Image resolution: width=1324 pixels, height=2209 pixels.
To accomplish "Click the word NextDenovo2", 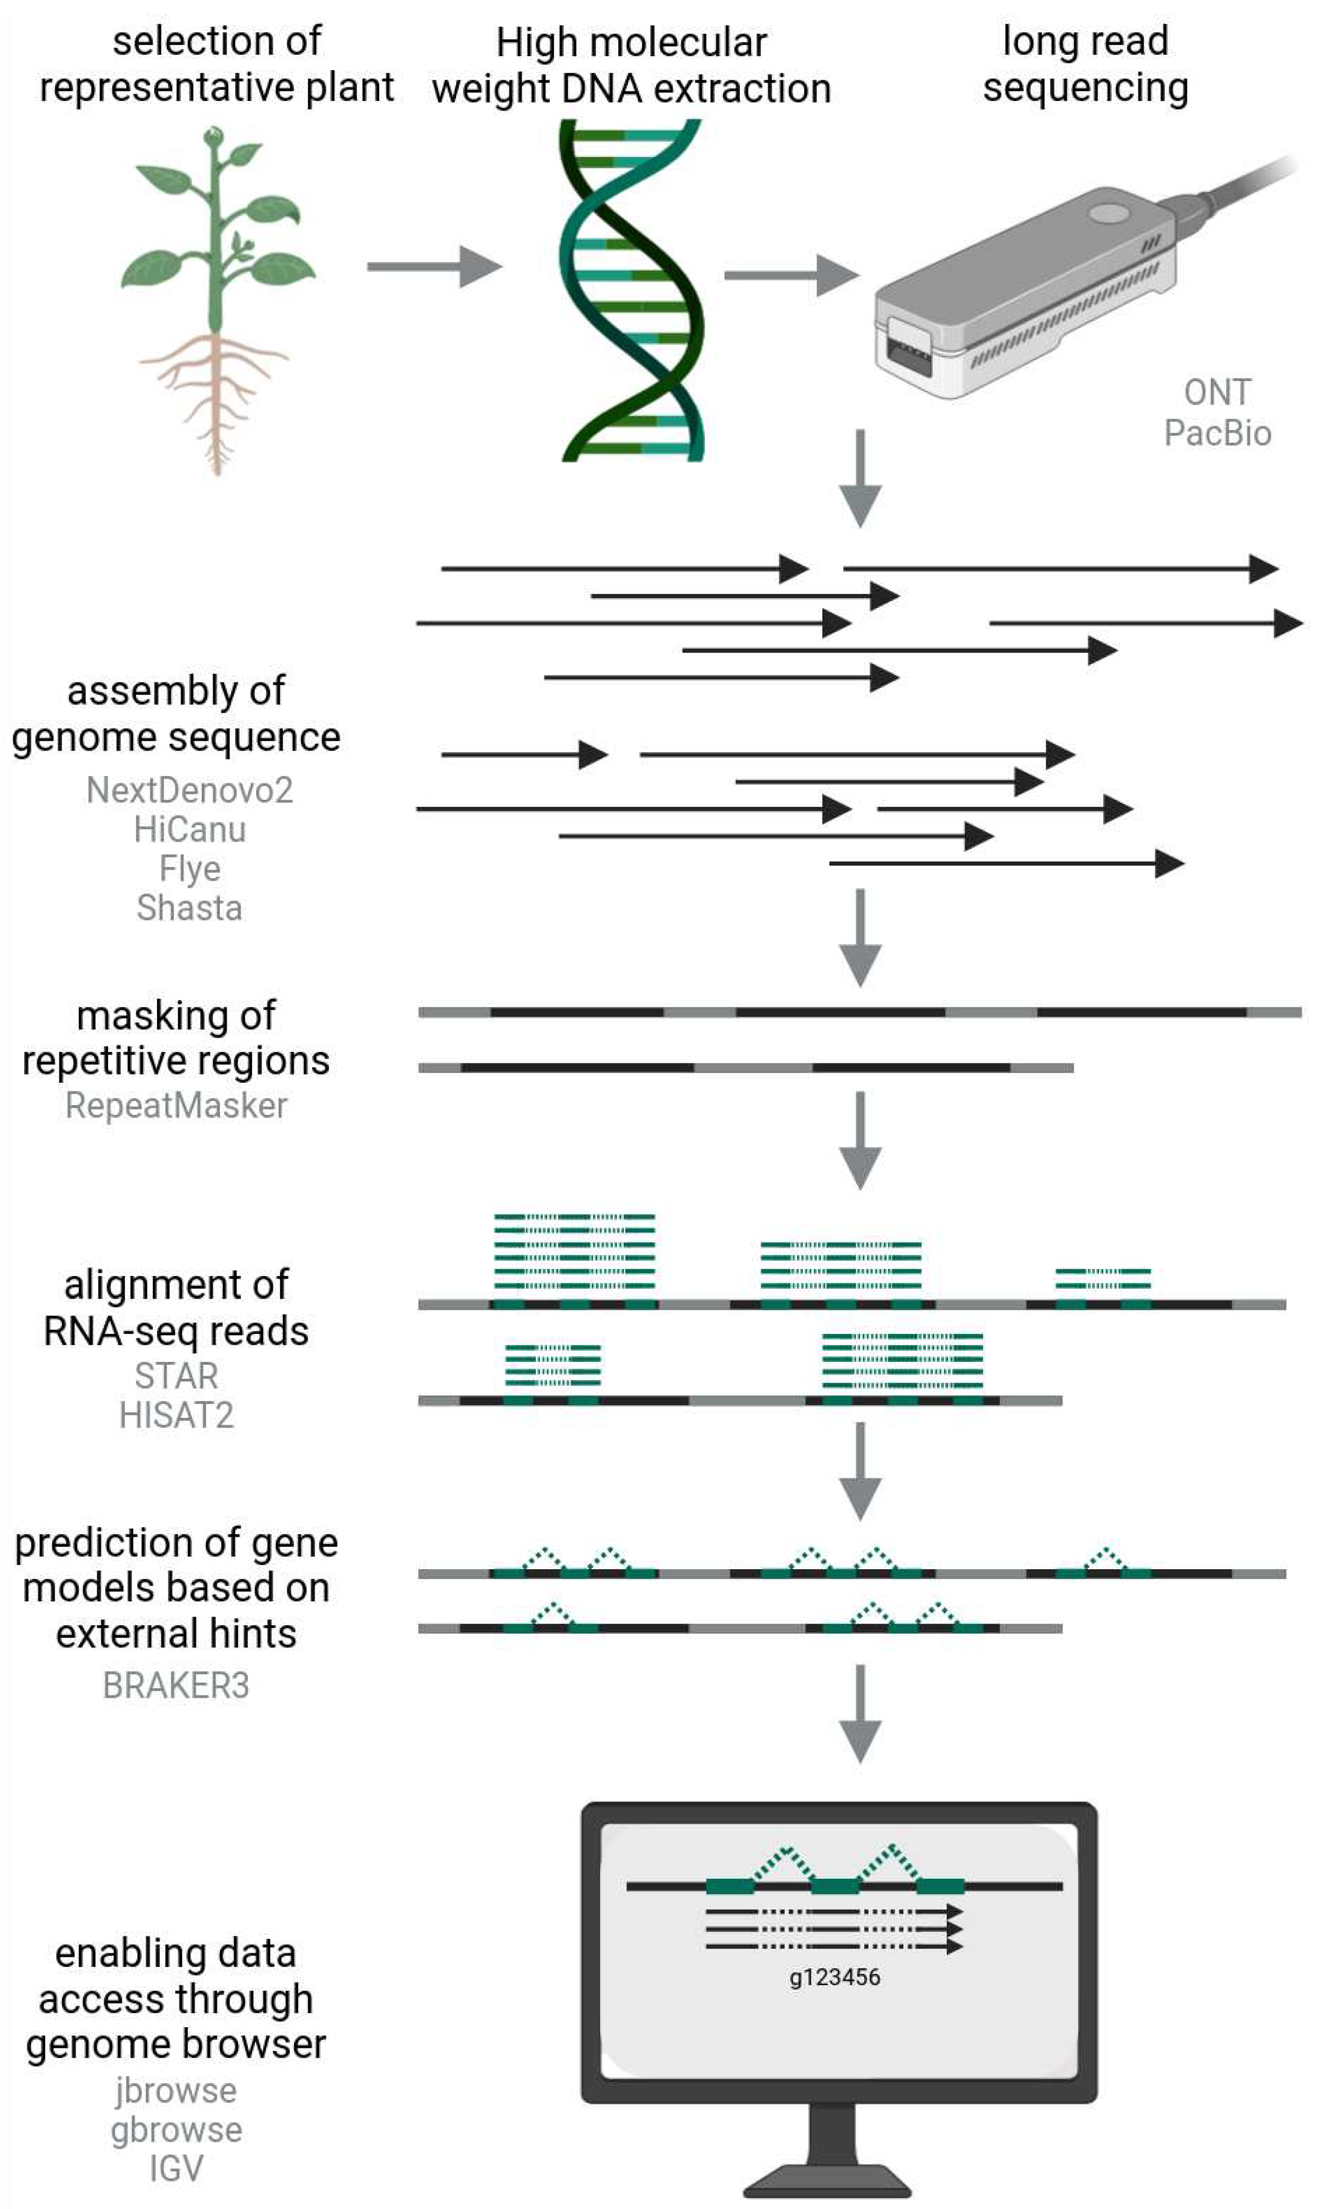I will (189, 790).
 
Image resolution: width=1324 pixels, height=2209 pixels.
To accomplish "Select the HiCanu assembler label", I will (189, 830).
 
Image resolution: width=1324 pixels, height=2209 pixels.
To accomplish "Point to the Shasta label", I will (189, 908).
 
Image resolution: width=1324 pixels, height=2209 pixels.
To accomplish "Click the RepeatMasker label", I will (176, 1106).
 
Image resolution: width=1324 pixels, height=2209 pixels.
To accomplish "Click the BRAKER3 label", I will (176, 1686).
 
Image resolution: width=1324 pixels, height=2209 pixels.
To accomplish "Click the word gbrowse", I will (176, 2130).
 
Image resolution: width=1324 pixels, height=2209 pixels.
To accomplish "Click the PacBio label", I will (1217, 433).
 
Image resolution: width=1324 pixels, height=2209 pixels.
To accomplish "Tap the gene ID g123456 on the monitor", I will (834, 1977).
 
